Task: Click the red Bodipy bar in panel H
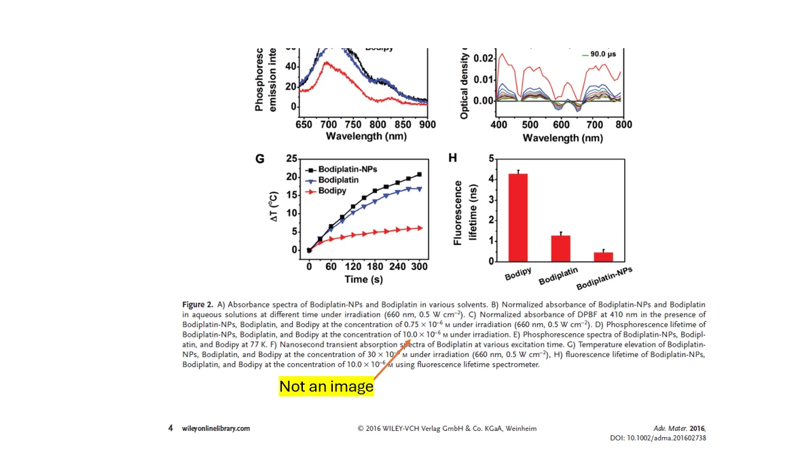(x=518, y=218)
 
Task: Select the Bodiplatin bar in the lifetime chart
(x=560, y=248)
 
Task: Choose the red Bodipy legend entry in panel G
(x=331, y=191)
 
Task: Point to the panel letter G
(x=259, y=159)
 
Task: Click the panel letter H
(x=454, y=158)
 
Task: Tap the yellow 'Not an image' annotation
(x=326, y=387)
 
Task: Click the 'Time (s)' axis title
(x=365, y=280)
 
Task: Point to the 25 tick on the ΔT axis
(x=292, y=159)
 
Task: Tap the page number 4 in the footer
(x=170, y=428)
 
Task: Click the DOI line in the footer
(x=658, y=438)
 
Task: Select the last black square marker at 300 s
(x=419, y=174)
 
